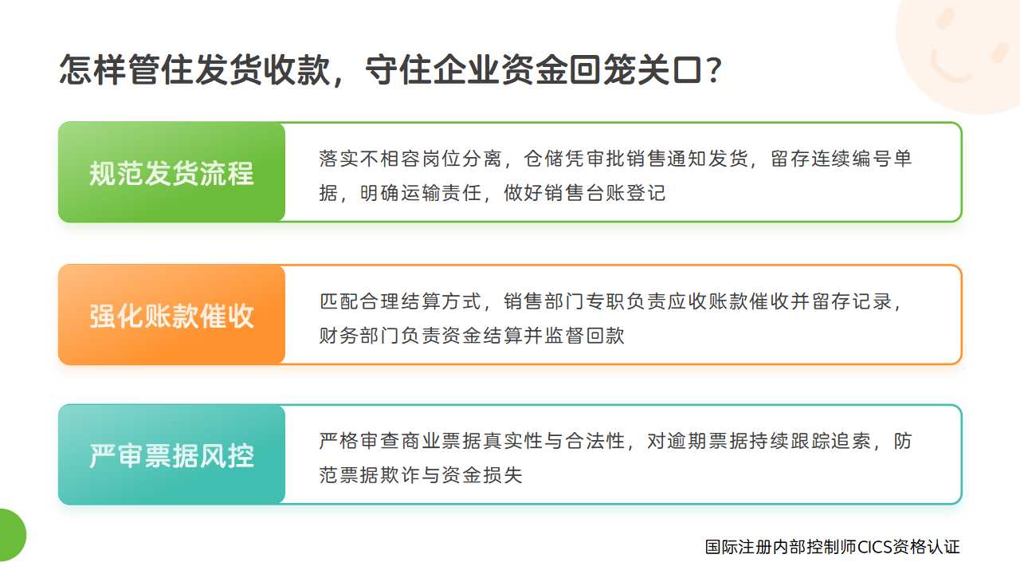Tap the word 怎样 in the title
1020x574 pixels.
[x=92, y=70]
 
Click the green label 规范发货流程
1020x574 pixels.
[x=171, y=173]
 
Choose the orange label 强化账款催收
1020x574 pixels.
[x=171, y=316]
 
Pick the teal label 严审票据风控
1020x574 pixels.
[x=171, y=455]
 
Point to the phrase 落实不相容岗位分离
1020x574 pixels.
[x=410, y=159]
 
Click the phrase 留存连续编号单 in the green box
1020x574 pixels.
[x=841, y=159]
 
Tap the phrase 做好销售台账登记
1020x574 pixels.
[x=585, y=193]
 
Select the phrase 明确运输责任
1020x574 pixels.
[x=421, y=193]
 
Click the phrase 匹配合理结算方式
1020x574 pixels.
[x=400, y=301]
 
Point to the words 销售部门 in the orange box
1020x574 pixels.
[x=544, y=301]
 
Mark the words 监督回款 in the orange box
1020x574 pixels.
[x=585, y=336]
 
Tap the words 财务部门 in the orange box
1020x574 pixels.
[x=359, y=336]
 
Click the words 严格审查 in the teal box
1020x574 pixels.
[x=359, y=441]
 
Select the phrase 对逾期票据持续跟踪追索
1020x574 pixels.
[x=759, y=441]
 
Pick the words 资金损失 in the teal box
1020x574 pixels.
[x=482, y=474]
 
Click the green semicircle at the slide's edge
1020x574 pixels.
[x=11, y=535]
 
